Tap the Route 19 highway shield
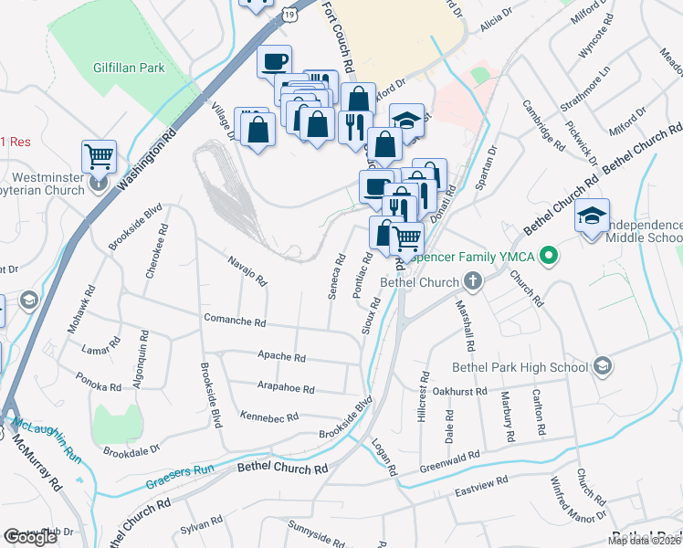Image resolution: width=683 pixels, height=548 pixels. pos(289,15)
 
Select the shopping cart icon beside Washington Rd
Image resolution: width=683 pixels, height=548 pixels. pos(98,155)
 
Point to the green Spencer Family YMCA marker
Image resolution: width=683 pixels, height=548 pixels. pos(549,257)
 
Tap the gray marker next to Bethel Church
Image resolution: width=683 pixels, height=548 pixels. pos(472,280)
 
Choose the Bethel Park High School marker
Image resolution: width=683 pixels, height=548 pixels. pos(601,366)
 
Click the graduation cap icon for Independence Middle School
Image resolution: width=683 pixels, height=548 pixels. pos(593,217)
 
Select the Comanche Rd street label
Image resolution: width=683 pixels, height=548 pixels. pos(235,323)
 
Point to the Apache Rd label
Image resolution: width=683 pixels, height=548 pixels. pos(282,359)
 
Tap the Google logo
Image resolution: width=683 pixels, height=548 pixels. pos(30,537)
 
